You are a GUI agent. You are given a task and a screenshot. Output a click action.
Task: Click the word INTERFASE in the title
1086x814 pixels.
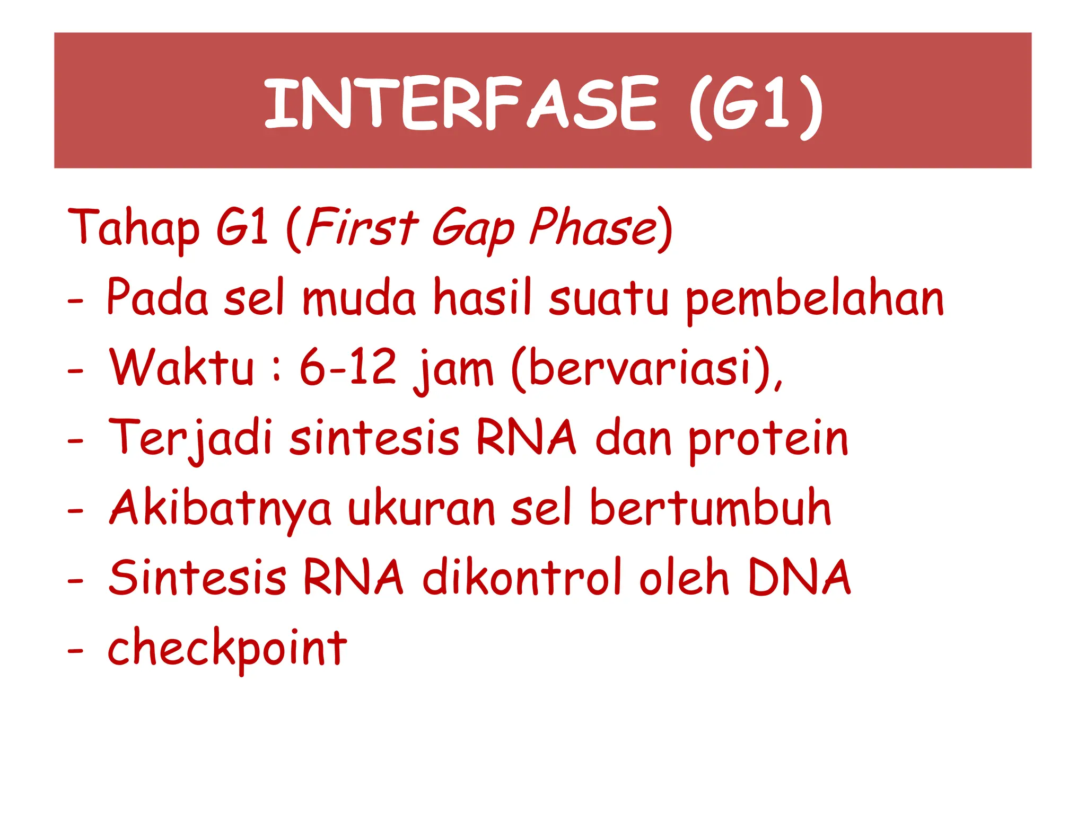click(460, 103)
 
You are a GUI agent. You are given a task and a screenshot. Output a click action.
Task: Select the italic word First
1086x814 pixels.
click(362, 227)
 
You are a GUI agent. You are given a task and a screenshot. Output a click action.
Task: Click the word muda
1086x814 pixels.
click(359, 298)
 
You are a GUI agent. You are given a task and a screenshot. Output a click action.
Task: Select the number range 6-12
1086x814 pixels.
click(348, 367)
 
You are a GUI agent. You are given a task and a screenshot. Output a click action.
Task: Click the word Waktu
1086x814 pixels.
click(182, 367)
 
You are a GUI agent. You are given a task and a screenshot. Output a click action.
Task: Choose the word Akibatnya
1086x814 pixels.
click(221, 509)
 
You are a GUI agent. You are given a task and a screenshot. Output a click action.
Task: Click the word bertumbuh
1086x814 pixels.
click(710, 508)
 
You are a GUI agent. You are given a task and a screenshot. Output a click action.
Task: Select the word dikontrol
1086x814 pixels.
click(522, 578)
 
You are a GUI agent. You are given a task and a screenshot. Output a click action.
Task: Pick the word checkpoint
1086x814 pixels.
click(227, 649)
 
